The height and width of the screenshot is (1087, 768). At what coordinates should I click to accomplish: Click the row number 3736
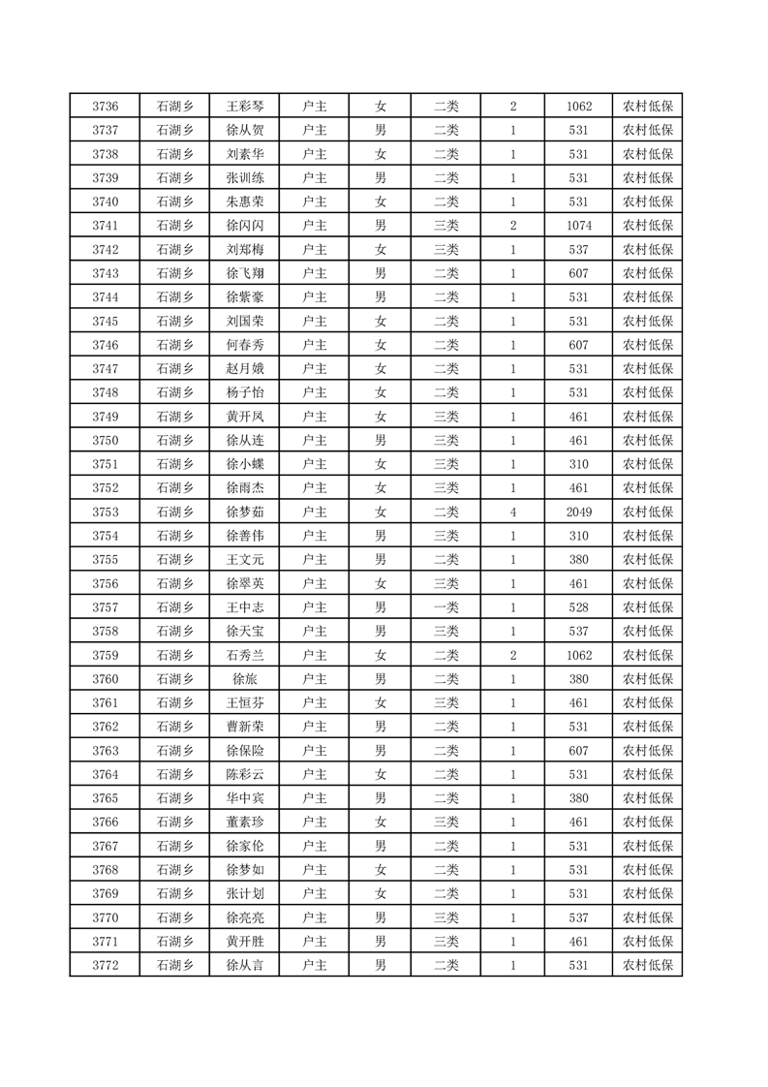[105, 107]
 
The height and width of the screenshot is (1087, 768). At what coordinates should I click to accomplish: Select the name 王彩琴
[244, 107]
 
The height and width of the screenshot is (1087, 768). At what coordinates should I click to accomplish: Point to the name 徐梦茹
[244, 512]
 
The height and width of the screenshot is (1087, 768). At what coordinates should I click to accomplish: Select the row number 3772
[105, 965]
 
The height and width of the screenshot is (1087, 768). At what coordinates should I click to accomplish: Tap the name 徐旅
[244, 679]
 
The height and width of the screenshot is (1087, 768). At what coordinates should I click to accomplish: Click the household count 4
[512, 512]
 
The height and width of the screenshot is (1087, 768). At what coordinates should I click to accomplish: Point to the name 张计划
[244, 893]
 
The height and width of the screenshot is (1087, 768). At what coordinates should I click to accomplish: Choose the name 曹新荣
[244, 727]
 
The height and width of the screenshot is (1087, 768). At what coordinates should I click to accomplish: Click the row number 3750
[105, 441]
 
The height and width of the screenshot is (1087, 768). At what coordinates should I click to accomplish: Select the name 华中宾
[244, 798]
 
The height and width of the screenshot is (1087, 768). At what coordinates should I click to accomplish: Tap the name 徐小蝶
[244, 464]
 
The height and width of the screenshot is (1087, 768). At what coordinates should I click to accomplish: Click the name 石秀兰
[244, 655]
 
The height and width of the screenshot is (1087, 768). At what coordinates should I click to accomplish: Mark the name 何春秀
[244, 345]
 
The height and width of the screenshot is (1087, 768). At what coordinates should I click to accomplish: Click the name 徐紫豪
[244, 297]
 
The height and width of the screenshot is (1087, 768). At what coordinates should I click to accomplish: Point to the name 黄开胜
[244, 941]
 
